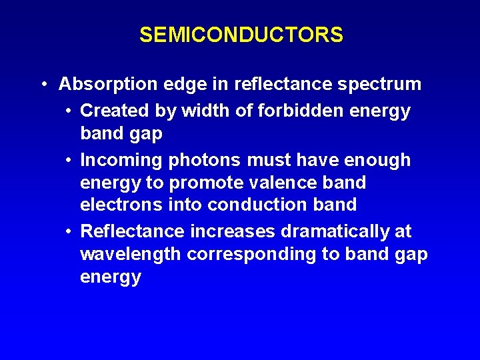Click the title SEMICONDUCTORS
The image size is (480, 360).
click(x=241, y=35)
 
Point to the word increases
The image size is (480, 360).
click(x=231, y=231)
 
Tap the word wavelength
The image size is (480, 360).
click(x=131, y=254)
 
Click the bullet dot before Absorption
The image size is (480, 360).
click(x=43, y=85)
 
